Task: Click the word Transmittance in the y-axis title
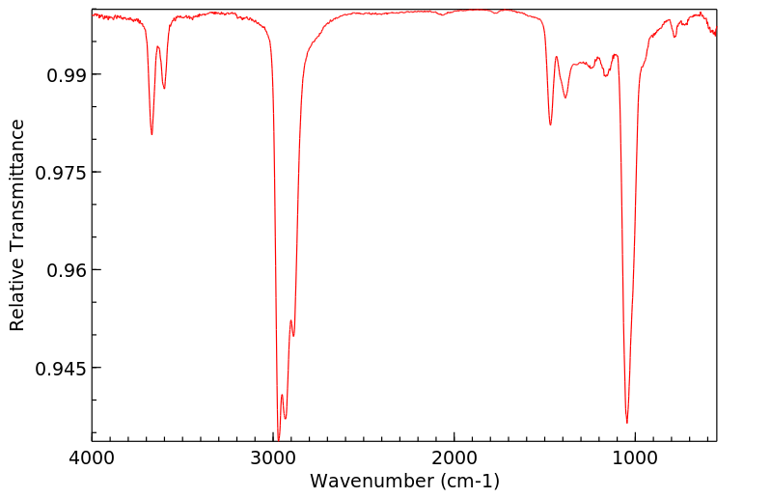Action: (x=16, y=188)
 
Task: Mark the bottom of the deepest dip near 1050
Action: (x=627, y=423)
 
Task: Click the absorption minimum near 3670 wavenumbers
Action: (x=151, y=134)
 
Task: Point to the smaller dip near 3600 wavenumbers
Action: (x=164, y=89)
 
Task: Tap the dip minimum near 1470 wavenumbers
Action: (x=550, y=124)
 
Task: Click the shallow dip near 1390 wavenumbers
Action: (x=565, y=97)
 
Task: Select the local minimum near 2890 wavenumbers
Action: (x=293, y=336)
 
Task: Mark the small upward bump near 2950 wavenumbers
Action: (x=282, y=395)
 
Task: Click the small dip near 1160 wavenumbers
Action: (x=606, y=75)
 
